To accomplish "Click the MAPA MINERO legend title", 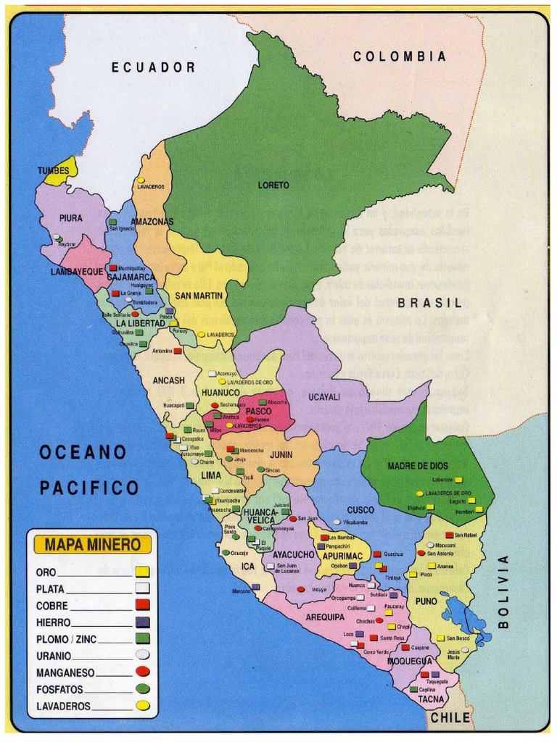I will pos(92,543).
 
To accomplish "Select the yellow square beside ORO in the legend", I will pos(142,572).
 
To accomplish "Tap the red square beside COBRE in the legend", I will pos(142,604).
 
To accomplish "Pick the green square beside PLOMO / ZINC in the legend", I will pos(142,638).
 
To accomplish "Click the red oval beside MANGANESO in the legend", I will pos(142,672).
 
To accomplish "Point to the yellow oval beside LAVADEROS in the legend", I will pos(142,704).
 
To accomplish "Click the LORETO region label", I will pos(273,185).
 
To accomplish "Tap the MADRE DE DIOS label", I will pos(418,466).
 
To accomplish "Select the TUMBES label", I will pos(54,171).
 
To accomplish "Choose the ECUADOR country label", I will pos(153,67).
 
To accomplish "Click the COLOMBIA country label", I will pos(400,56).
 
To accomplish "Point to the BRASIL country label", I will pos(429,303).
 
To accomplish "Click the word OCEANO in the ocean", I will pos(83,452).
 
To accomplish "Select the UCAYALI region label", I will pos(324,397).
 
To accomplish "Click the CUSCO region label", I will pos(360,510).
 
